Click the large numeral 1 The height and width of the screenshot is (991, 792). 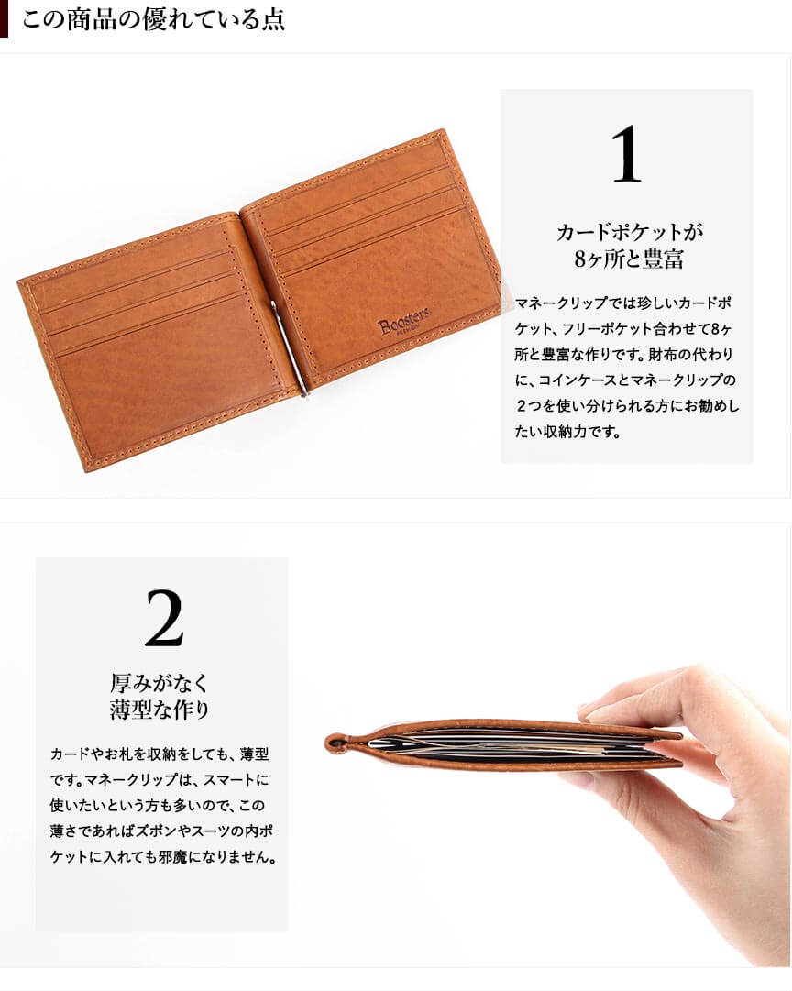click(x=626, y=154)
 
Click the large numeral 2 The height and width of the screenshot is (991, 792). click(x=164, y=618)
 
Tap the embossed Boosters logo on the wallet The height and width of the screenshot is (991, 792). click(x=403, y=321)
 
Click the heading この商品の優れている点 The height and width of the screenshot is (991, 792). click(x=154, y=19)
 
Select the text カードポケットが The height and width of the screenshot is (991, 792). click(x=630, y=232)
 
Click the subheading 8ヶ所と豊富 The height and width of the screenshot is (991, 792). click(x=629, y=259)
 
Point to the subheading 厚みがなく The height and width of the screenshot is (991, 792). click(x=159, y=683)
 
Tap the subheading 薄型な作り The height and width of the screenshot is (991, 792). click(x=159, y=710)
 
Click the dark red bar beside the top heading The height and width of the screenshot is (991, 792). click(x=4, y=19)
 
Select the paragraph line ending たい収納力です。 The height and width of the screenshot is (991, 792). click(x=567, y=433)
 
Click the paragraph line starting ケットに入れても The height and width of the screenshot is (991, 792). click(x=162, y=858)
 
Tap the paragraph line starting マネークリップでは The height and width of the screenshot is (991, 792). click(x=624, y=303)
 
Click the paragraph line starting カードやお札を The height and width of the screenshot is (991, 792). click(x=159, y=754)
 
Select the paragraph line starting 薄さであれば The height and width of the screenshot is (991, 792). click(x=161, y=831)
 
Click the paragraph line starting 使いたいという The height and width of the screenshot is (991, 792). click(x=158, y=806)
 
